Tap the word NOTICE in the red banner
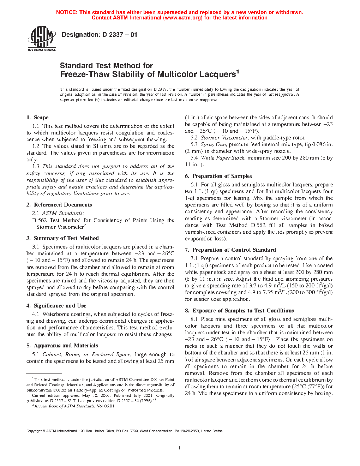click(x=67, y=12)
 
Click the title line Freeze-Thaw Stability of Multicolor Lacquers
click(x=148, y=74)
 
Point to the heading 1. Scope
click(x=37, y=118)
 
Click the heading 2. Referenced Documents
click(x=59, y=205)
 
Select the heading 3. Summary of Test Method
click(x=62, y=238)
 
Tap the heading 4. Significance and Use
click(x=56, y=306)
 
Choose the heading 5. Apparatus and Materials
click(x=62, y=346)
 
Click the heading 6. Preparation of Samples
click(x=218, y=176)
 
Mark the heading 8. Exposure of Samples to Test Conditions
click(x=239, y=311)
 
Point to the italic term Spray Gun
click(x=213, y=144)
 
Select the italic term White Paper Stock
click(x=223, y=158)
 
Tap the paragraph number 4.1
click(x=35, y=314)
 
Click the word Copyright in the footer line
click(x=34, y=431)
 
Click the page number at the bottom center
click(x=180, y=448)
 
